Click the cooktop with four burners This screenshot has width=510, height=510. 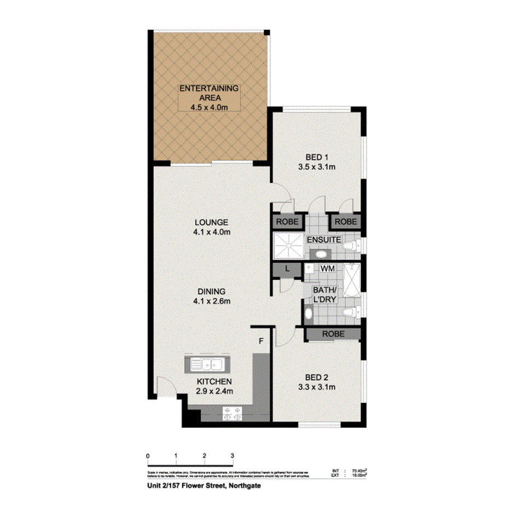point(231,414)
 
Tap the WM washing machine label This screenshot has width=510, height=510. point(327,269)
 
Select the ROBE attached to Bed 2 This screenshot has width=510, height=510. point(333,333)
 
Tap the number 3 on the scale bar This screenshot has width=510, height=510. point(232,455)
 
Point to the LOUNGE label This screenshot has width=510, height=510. point(211,223)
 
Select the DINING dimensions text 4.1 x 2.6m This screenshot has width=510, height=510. point(211,301)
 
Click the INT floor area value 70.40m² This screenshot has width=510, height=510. point(359,470)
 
